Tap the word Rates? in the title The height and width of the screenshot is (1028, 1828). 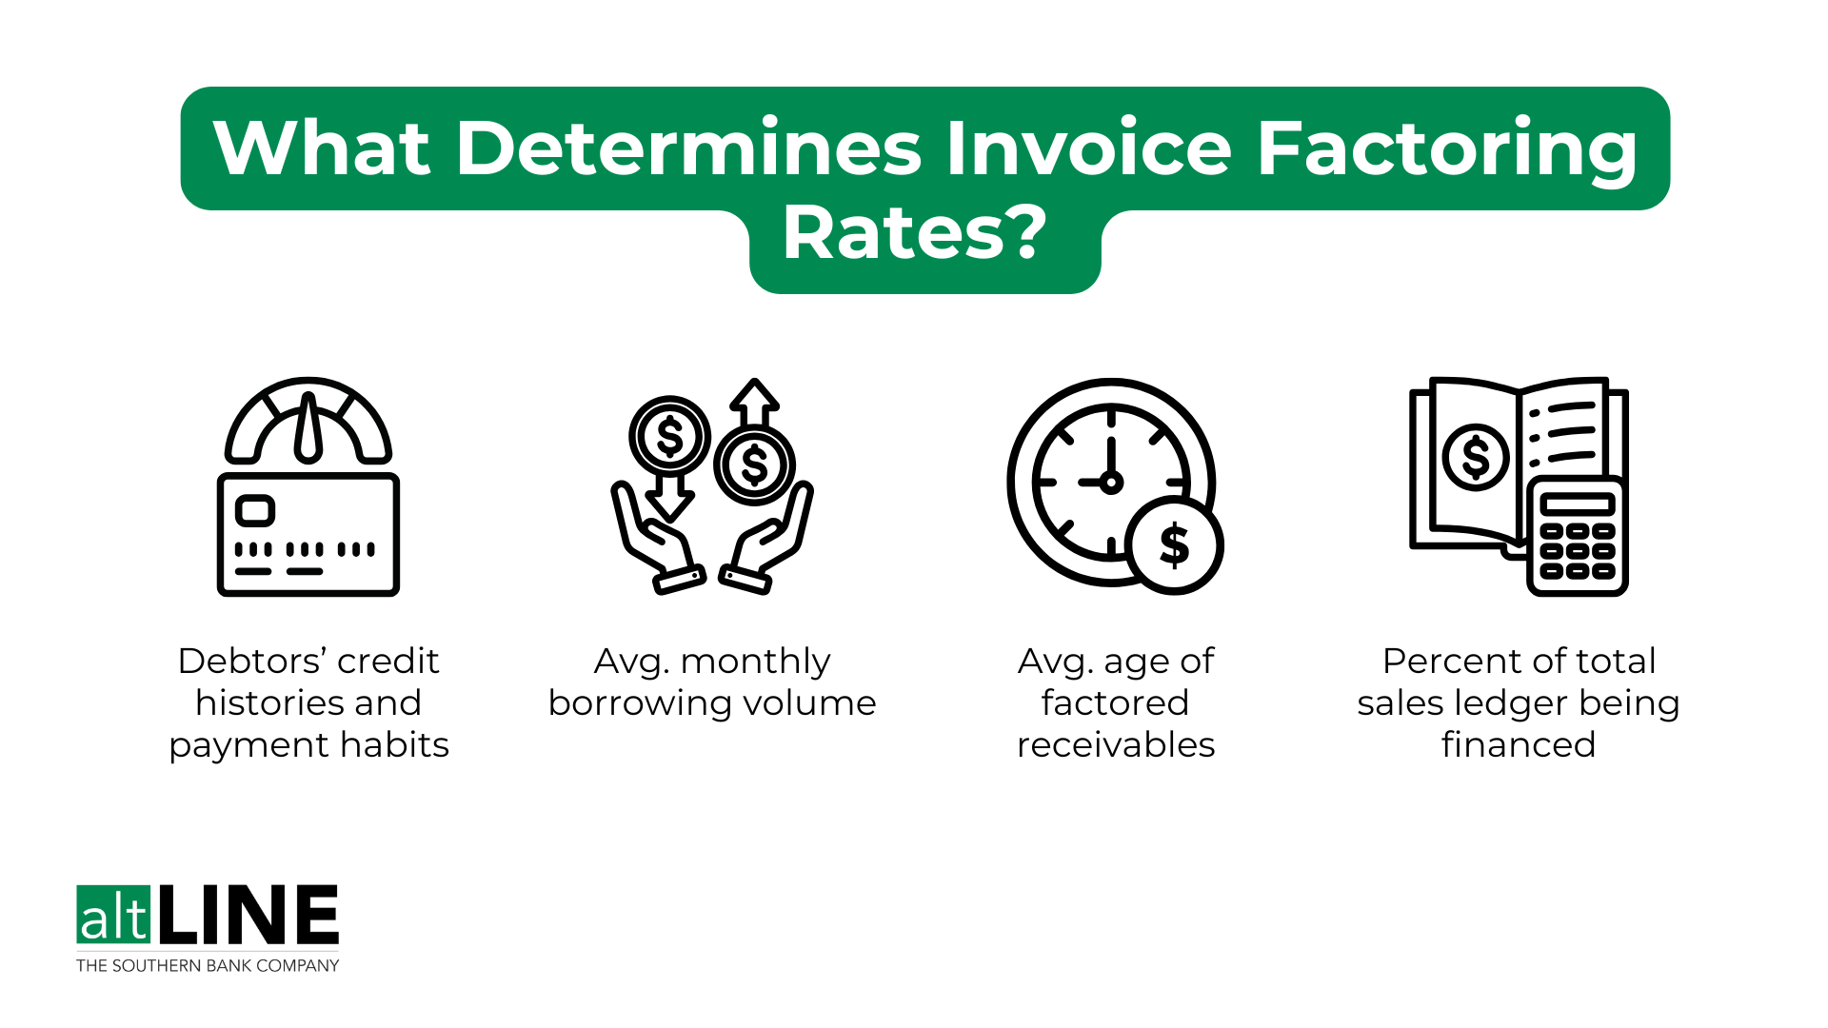pos(914,233)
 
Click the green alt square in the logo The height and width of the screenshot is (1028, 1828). pos(113,915)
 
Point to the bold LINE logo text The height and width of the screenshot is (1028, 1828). pos(248,915)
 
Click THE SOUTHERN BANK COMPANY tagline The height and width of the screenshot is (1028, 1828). pos(208,965)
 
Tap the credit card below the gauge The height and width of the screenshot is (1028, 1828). pos(308,534)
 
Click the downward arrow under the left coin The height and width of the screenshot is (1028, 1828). pos(670,497)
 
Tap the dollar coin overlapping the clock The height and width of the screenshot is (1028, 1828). pos(1174,545)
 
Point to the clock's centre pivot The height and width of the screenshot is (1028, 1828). pos(1111,483)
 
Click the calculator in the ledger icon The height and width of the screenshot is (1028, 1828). pos(1577,537)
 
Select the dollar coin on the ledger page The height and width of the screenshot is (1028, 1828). pos(1476,457)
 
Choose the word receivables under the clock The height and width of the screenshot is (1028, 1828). pos(1116,744)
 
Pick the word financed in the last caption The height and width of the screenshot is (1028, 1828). pos(1519,744)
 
